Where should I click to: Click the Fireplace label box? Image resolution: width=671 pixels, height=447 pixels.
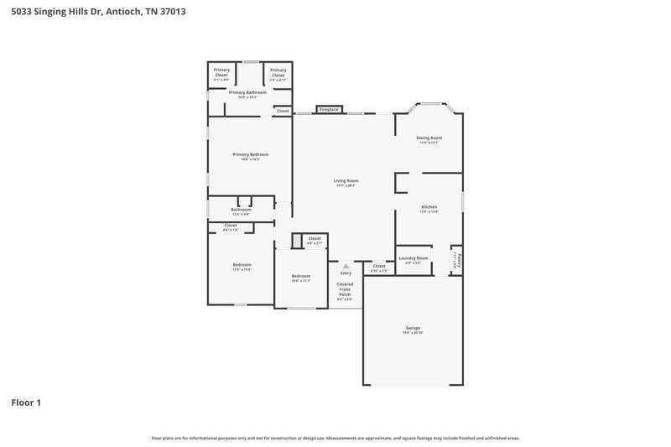(328, 109)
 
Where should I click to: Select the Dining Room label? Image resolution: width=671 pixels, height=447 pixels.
(429, 138)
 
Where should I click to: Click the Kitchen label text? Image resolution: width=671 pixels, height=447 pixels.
(429, 206)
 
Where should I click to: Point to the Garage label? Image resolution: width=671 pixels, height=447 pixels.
(412, 329)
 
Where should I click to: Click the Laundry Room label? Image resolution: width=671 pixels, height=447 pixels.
(414, 258)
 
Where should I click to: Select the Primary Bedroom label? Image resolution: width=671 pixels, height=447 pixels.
(250, 154)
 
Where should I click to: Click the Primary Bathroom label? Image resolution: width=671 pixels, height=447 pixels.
(247, 92)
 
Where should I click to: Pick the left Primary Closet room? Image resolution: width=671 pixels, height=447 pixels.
(221, 73)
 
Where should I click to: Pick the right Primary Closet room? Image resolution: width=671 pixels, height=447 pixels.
(277, 73)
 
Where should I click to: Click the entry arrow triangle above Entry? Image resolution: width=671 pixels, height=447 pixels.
(345, 266)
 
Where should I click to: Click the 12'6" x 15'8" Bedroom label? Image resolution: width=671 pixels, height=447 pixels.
(242, 265)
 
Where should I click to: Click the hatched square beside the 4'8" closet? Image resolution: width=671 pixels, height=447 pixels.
(296, 242)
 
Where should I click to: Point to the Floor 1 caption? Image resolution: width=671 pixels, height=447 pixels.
(26, 403)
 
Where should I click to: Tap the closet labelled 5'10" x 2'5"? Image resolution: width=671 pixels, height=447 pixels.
(379, 268)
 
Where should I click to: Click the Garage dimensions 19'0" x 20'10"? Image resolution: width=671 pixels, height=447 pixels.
(412, 333)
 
